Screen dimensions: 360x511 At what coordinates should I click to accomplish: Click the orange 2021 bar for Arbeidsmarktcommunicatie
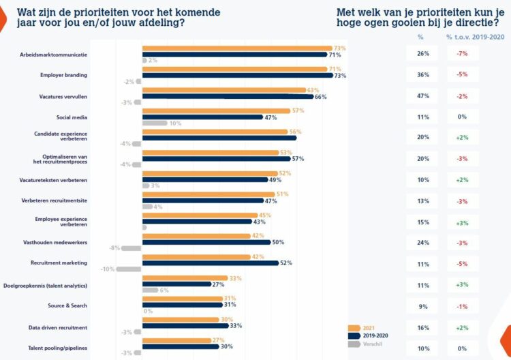point(237,48)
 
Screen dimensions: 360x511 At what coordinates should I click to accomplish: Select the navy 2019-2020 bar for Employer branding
point(237,75)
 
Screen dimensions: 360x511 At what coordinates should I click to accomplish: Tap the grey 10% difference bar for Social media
point(155,123)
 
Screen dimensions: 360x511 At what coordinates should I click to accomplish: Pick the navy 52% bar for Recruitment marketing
point(210,262)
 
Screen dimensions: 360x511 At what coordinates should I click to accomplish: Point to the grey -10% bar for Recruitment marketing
point(129,269)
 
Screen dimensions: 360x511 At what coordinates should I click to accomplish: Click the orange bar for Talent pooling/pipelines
point(182,340)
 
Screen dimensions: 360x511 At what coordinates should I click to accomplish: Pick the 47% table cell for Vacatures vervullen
point(422,96)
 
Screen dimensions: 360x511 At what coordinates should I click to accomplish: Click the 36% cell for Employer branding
point(422,75)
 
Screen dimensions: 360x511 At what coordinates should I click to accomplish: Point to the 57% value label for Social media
point(297,110)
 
